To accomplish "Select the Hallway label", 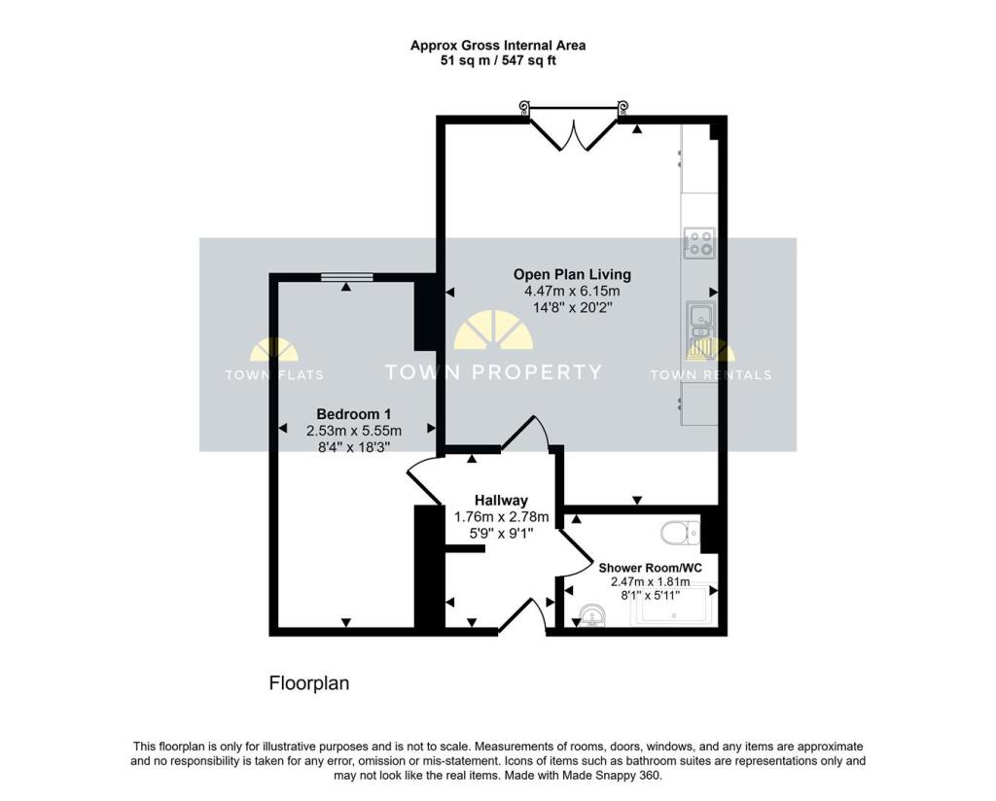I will [x=502, y=500].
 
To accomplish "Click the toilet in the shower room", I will [x=680, y=532].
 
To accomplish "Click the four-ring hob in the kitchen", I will [x=698, y=243].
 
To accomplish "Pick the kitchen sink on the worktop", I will [x=699, y=329].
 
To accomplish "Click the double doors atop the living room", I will [x=574, y=133].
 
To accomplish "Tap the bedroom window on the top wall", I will [x=346, y=278].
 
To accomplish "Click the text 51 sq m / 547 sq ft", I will [x=498, y=60].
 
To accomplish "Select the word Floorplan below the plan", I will [x=308, y=683].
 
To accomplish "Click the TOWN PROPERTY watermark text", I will [x=493, y=372].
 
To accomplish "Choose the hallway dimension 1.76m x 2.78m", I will [x=502, y=516].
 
